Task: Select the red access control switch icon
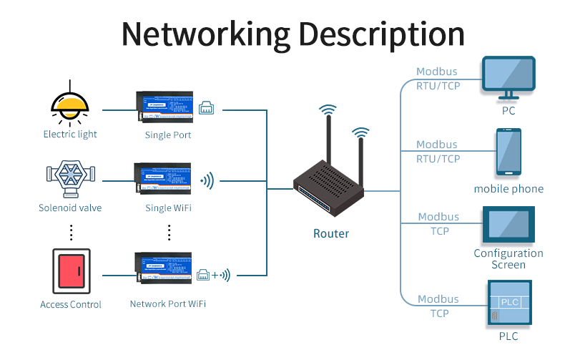tap(71, 271)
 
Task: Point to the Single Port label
tap(167, 135)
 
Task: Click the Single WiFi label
tap(168, 208)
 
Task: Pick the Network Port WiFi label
tap(168, 304)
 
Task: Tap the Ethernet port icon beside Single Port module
tap(207, 108)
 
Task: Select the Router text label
tap(331, 233)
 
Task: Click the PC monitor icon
tap(508, 78)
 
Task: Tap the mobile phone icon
tap(508, 153)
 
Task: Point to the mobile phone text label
tap(508, 189)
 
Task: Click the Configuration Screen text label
tap(508, 259)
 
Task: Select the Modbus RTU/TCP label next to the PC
tap(437, 79)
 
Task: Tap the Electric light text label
tap(70, 135)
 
